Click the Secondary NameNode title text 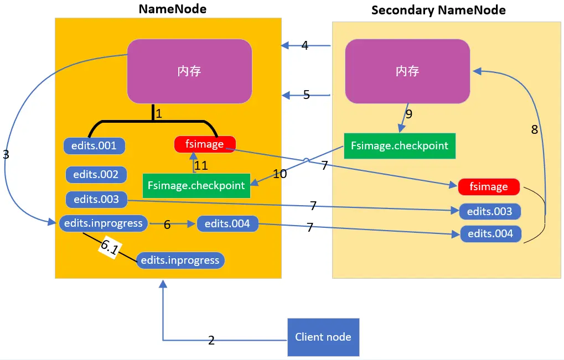(x=438, y=10)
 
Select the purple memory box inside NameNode (x=189, y=71)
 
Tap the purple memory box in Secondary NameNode (x=407, y=71)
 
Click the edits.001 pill (x=95, y=146)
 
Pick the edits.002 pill (x=96, y=175)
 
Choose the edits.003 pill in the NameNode (x=96, y=199)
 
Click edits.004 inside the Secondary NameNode (x=490, y=234)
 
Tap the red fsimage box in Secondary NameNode (x=489, y=187)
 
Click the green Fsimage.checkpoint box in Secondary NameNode (x=399, y=146)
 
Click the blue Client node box (x=323, y=337)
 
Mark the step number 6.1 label (x=109, y=248)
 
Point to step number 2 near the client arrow (x=211, y=341)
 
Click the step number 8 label (x=534, y=130)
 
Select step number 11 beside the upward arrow (x=202, y=165)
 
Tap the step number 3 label (x=6, y=155)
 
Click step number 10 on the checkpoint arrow (x=280, y=174)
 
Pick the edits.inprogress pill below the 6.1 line (x=180, y=260)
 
